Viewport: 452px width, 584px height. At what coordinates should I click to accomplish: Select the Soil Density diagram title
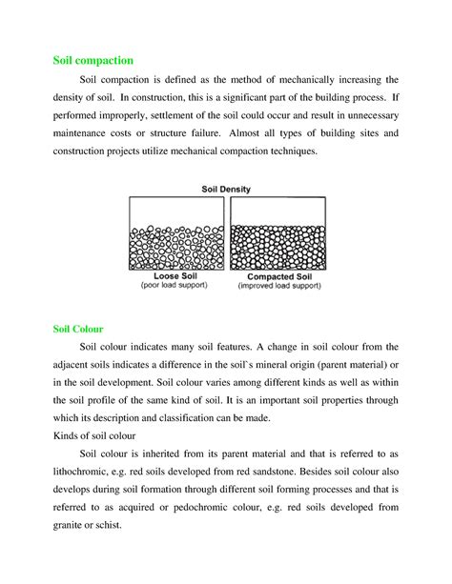click(228, 190)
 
